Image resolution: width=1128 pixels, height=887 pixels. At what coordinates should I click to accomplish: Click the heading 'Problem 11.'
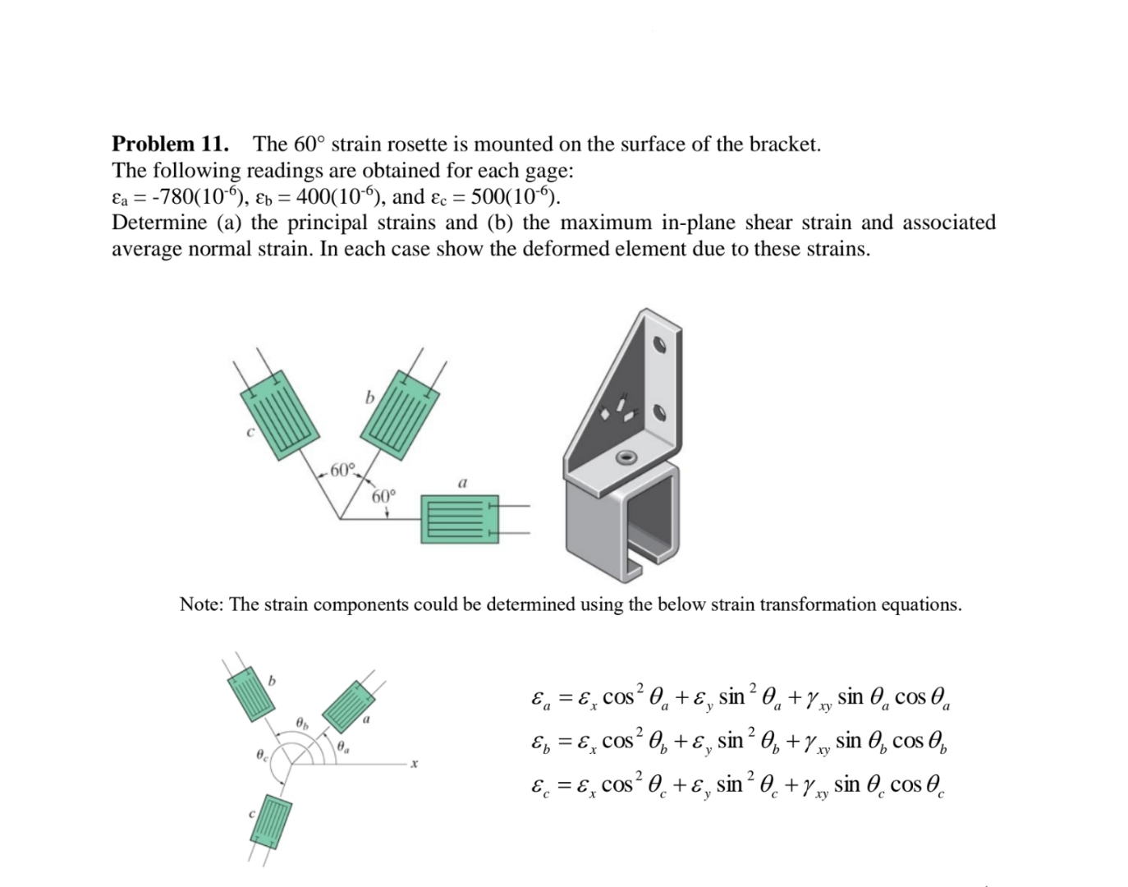(170, 145)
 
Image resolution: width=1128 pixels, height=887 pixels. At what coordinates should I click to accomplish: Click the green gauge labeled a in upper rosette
(459, 518)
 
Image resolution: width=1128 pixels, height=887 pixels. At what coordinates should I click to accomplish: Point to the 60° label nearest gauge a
(383, 496)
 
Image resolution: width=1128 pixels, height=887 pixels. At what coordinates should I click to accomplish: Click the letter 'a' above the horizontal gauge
(462, 483)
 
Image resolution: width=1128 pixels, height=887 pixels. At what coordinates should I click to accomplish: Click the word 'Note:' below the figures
(202, 605)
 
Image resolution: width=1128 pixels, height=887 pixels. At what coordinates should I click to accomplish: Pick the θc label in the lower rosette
(260, 753)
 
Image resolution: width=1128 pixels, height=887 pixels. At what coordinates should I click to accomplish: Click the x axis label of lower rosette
(414, 764)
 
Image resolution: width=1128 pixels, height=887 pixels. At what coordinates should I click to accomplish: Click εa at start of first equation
(539, 700)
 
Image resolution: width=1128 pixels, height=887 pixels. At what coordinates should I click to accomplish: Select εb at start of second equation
(539, 742)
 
